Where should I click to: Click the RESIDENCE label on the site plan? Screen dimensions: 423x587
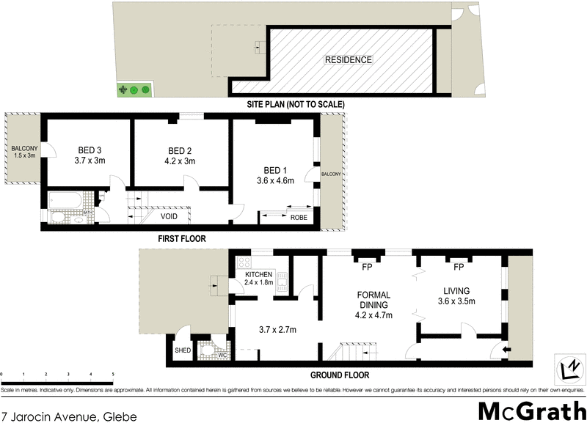349,60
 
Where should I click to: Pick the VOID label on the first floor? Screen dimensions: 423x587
169,217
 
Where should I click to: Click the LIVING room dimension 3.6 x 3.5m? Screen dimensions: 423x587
457,301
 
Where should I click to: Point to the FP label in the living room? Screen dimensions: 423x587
459,267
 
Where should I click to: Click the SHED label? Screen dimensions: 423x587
182,350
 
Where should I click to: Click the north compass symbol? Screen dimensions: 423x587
568,366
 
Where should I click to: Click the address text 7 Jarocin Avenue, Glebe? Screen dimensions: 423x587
69,415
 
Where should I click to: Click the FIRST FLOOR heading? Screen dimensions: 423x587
181,238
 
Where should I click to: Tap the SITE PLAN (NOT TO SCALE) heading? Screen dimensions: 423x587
295,105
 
